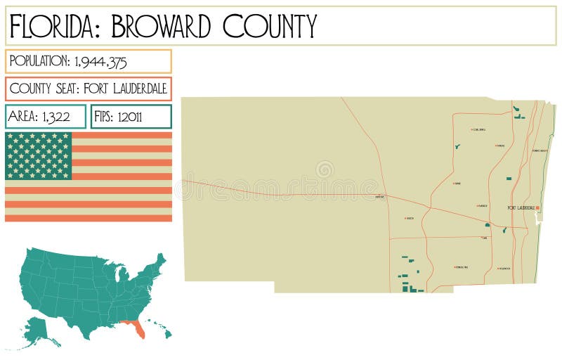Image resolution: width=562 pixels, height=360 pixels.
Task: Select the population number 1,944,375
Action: tap(100, 62)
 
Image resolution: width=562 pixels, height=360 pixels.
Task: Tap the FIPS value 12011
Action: tap(128, 117)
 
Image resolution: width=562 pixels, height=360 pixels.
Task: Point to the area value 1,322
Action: tap(57, 117)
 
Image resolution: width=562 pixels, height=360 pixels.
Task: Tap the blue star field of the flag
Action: tap(39, 155)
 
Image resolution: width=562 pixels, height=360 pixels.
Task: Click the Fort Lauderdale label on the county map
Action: tap(521, 207)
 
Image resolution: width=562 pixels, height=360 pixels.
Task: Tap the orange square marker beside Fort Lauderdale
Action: tap(537, 207)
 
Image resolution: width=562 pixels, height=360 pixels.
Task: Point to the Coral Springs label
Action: tap(481, 130)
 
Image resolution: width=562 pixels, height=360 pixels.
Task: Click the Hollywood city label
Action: tap(503, 268)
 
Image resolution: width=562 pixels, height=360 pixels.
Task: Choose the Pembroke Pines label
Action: tap(462, 267)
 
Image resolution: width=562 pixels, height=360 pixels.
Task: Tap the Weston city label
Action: tap(410, 219)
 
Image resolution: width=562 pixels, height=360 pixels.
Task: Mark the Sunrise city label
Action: tap(457, 184)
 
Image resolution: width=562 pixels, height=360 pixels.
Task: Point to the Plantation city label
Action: tap(482, 206)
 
